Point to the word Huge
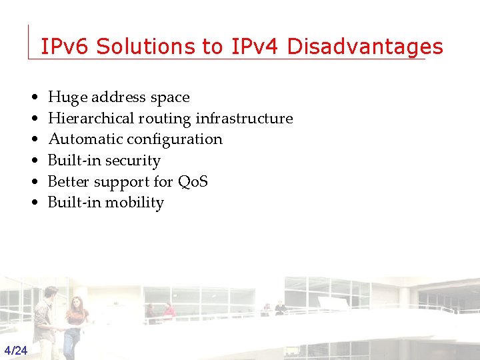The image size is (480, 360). (64, 97)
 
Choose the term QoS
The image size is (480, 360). (193, 181)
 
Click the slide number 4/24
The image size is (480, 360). (15, 351)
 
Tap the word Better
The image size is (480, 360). (67, 181)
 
